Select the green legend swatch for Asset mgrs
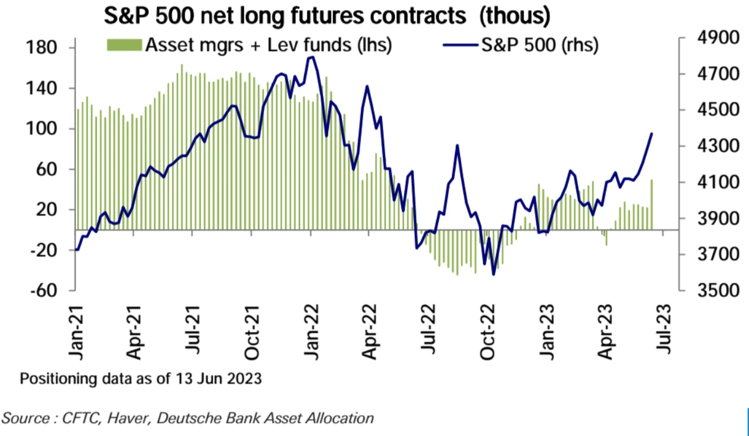(124, 45)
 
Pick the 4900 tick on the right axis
(709, 38)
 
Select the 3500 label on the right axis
(709, 291)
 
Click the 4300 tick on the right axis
(709, 146)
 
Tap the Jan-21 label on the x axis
(76, 331)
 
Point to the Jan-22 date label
(311, 331)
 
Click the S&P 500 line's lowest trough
(493, 274)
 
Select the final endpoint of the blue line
(652, 134)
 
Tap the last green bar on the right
(652, 204)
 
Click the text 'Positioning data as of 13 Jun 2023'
(141, 379)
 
